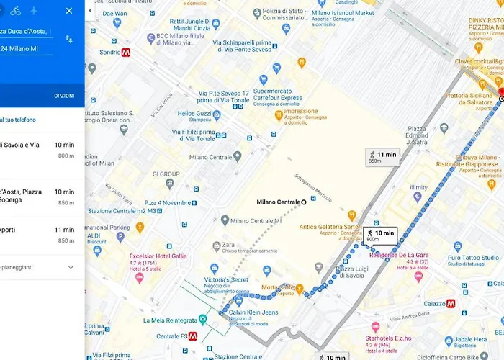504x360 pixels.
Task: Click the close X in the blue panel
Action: point(69,11)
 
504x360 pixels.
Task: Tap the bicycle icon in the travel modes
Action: point(16,11)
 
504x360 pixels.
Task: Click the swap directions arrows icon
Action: point(69,39)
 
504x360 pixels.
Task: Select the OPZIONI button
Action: point(64,96)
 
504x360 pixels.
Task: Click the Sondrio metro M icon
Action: point(125,53)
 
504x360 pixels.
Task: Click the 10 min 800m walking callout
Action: point(379,235)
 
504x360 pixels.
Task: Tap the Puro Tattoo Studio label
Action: point(473,257)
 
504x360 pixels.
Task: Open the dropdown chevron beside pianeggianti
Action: point(71,267)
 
